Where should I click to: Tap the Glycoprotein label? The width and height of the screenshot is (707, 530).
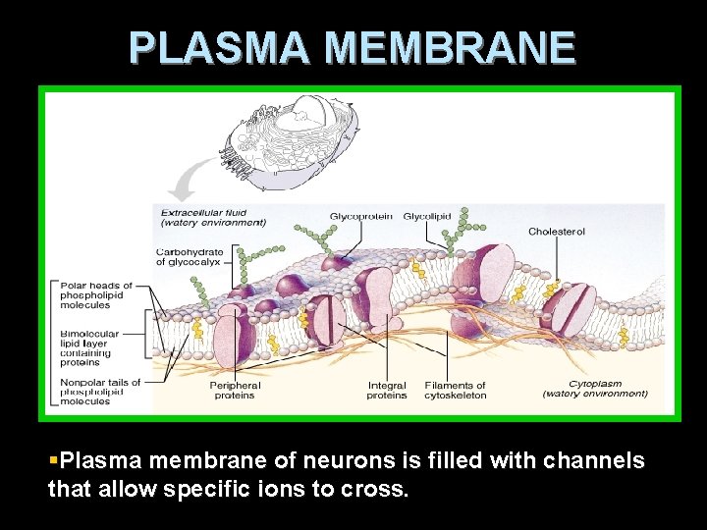(360, 215)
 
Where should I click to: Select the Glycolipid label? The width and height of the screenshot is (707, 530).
(426, 215)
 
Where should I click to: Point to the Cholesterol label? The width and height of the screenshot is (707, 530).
(557, 232)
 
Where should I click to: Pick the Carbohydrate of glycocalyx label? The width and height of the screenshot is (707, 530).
(190, 257)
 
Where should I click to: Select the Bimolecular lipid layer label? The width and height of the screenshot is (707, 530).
(89, 347)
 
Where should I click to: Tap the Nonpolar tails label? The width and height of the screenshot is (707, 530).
(99, 392)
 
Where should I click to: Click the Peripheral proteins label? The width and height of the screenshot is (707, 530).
(235, 391)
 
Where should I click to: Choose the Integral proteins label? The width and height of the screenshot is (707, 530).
(387, 391)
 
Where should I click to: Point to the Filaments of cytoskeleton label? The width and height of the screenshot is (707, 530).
(455, 391)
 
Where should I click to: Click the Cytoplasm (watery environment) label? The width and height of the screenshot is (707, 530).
(595, 389)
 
